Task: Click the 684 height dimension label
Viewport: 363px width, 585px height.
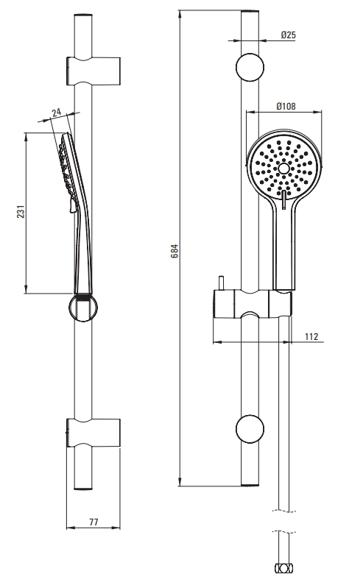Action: click(x=175, y=251)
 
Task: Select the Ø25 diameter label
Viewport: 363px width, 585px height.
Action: click(x=289, y=35)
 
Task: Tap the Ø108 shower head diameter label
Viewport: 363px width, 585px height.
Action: click(x=286, y=106)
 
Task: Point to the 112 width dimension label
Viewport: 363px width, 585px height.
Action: click(x=311, y=336)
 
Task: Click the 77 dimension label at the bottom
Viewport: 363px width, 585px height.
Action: click(x=94, y=522)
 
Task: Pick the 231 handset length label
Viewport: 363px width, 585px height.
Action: click(x=21, y=211)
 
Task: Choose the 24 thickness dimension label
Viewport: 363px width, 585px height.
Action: click(x=57, y=112)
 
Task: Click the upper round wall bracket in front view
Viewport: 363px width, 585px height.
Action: click(x=250, y=68)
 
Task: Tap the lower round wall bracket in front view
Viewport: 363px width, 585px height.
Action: click(x=250, y=429)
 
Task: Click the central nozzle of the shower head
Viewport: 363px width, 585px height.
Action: click(x=284, y=169)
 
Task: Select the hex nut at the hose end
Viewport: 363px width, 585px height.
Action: click(x=283, y=568)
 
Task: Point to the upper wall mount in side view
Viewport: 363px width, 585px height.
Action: click(x=94, y=71)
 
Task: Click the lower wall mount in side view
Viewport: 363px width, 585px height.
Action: click(x=94, y=433)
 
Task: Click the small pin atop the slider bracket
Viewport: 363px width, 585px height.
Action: click(x=222, y=283)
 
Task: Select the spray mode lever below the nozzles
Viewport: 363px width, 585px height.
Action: click(x=283, y=199)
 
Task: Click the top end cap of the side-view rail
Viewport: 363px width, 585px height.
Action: click(x=83, y=15)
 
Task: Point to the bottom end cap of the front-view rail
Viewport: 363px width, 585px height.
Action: click(x=250, y=485)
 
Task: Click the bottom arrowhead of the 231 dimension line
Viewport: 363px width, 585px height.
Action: click(x=26, y=289)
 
